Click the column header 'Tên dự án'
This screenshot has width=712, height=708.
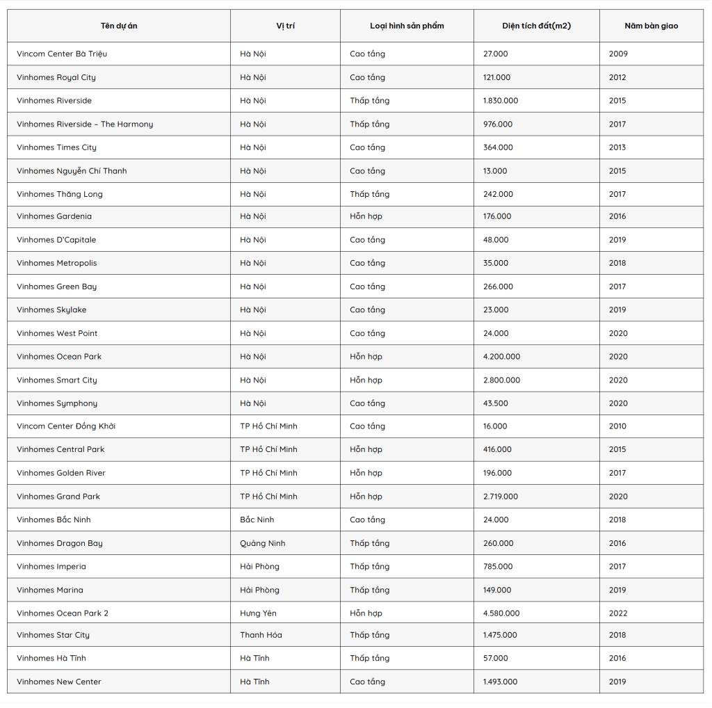click(x=119, y=26)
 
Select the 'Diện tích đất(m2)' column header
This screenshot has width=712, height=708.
click(x=536, y=26)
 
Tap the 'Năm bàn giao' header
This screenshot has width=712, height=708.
click(x=651, y=26)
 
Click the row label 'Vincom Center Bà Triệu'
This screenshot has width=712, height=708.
click(x=62, y=54)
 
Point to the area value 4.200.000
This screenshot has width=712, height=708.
click(x=501, y=357)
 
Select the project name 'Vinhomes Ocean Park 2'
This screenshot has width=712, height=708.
click(x=63, y=613)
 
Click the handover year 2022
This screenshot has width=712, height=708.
click(x=618, y=613)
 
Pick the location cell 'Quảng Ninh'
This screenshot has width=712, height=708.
click(x=263, y=543)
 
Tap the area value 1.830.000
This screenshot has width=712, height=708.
click(x=501, y=101)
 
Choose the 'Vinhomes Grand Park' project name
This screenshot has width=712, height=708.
click(x=58, y=497)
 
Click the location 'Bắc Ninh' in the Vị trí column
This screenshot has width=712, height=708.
click(x=257, y=520)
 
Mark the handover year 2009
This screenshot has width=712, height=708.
click(x=618, y=54)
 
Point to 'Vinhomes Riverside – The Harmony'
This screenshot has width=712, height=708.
click(x=85, y=124)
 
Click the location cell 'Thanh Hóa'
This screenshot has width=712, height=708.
click(x=261, y=635)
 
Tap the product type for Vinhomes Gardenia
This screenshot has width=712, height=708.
click(x=366, y=216)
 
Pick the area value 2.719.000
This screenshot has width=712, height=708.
click(x=501, y=497)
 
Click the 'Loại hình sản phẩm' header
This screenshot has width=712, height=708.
click(x=407, y=26)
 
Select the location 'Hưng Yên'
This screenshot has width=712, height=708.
click(x=259, y=613)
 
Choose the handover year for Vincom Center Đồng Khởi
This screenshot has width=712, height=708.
click(x=618, y=426)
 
